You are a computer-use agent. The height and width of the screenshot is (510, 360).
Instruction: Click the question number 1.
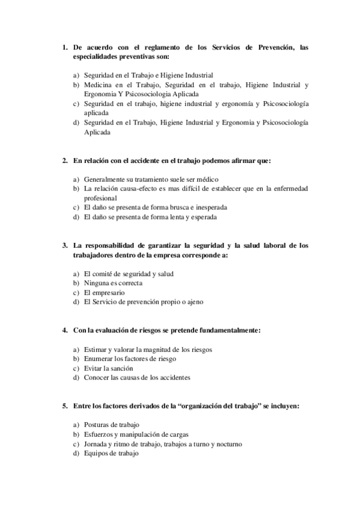[x=65, y=47]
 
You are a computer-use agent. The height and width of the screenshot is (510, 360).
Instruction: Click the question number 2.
[x=65, y=161]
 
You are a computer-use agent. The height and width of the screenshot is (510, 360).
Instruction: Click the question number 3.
[x=65, y=245]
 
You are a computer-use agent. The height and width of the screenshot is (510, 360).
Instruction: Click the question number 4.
[x=65, y=330]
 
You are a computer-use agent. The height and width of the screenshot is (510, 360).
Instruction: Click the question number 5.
[x=65, y=406]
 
